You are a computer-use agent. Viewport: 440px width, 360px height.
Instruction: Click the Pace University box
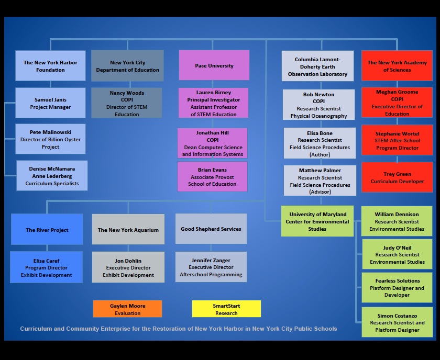coord(214,65)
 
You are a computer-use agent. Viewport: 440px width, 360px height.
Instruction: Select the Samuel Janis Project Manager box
coord(50,103)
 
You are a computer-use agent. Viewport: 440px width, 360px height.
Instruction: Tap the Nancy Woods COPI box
coord(127,103)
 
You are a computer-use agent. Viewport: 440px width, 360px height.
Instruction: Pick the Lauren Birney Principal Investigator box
coord(213,103)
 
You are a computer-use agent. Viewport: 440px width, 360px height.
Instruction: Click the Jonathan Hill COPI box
coord(212,143)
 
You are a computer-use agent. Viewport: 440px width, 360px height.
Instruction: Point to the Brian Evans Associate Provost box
coord(212,177)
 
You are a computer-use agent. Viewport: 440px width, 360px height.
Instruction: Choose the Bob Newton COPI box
coord(318,105)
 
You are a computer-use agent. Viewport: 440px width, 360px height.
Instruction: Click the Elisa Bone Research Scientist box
coord(320,143)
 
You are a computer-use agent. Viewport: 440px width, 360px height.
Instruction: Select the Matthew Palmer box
coord(320,181)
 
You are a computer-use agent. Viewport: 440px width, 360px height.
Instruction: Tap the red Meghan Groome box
coord(397,103)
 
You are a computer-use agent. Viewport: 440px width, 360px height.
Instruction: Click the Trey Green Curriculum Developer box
coord(397,177)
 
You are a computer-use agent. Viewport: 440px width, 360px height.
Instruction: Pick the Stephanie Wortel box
coord(397,140)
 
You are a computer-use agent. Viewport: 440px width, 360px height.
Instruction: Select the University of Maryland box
coord(317,221)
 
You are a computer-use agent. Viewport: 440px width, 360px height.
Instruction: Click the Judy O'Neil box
coord(397,255)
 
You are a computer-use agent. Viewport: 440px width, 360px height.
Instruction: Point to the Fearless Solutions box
coord(397,287)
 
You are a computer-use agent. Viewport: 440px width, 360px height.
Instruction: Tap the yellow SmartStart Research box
coord(226,309)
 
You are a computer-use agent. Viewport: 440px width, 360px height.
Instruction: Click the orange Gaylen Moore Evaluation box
coord(127,309)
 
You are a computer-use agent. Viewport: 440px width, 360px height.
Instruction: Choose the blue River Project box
coord(47,230)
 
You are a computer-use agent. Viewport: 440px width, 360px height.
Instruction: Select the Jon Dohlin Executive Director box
coord(128,267)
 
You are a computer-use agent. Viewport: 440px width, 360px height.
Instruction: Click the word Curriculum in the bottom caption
coord(36,329)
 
